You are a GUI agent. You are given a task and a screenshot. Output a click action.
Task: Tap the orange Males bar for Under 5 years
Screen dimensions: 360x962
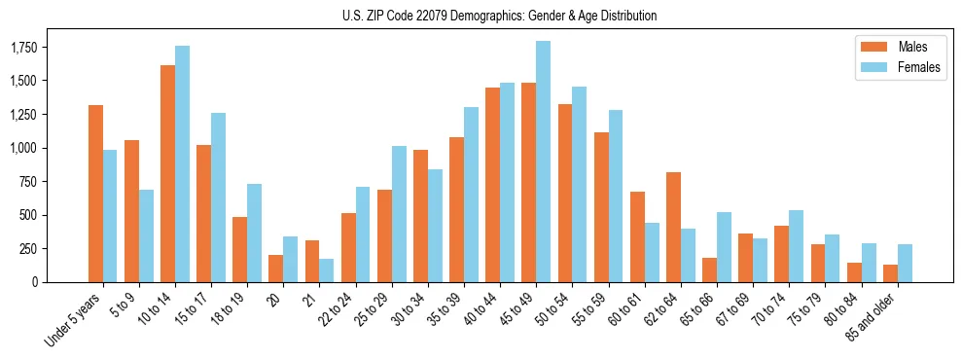coord(95,194)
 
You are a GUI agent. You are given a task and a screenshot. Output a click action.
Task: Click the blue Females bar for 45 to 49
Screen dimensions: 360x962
coord(543,162)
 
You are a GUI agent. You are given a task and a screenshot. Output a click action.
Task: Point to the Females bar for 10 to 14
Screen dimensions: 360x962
coord(182,163)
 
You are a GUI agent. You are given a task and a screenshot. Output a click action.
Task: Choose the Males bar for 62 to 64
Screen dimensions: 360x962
coord(673,227)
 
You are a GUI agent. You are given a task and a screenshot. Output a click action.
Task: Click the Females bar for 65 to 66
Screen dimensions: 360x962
coord(724,247)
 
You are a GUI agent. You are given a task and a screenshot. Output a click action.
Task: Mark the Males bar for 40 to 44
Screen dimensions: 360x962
coord(492,185)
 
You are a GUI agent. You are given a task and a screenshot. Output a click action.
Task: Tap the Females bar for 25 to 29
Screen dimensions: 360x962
coord(399,214)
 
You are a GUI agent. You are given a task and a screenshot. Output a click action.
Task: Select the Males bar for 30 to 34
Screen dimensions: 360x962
coord(420,216)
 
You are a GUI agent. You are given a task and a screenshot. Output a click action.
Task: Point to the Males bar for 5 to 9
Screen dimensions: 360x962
coord(131,211)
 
